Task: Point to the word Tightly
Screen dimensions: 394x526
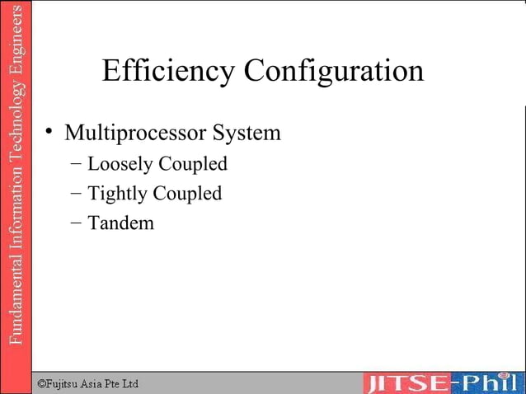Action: point(117,195)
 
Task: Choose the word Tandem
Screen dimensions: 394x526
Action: point(120,223)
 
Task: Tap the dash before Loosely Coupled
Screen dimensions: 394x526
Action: point(76,164)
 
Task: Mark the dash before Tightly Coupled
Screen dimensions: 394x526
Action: point(76,194)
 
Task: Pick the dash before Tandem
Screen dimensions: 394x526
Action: point(76,223)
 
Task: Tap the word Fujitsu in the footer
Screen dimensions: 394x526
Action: point(65,384)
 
